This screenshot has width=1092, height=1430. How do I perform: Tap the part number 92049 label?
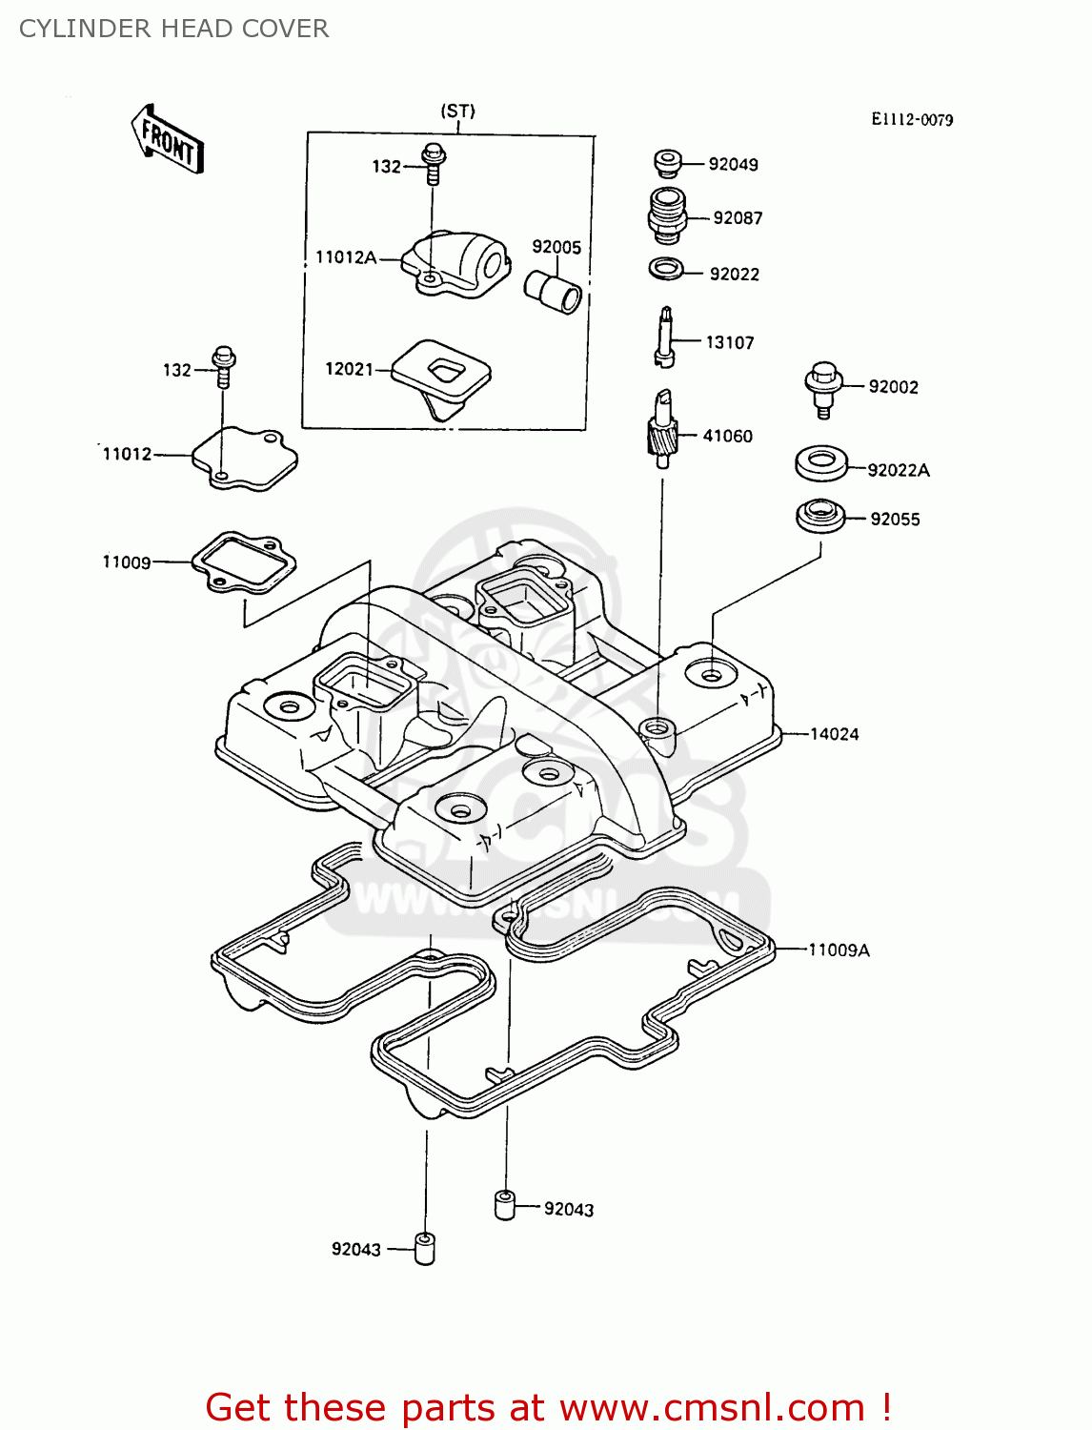click(x=733, y=164)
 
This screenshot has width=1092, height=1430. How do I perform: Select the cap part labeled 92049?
click(x=667, y=163)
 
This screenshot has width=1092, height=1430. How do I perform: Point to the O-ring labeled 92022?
click(x=666, y=269)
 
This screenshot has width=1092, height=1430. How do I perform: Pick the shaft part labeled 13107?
click(x=666, y=337)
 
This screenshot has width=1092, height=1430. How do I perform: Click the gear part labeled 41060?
click(x=661, y=428)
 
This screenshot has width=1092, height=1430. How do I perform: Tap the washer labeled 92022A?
click(x=820, y=463)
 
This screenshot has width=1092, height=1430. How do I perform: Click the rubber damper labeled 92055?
click(x=819, y=516)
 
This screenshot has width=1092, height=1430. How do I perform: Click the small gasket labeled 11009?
click(x=244, y=562)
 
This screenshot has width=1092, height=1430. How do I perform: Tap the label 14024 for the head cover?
click(x=834, y=734)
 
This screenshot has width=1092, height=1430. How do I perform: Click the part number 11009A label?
click(x=839, y=950)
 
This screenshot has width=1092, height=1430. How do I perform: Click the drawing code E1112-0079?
click(x=912, y=119)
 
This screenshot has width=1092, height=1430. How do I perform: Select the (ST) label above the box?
click(x=457, y=111)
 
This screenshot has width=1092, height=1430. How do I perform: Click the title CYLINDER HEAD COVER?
click(x=173, y=29)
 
